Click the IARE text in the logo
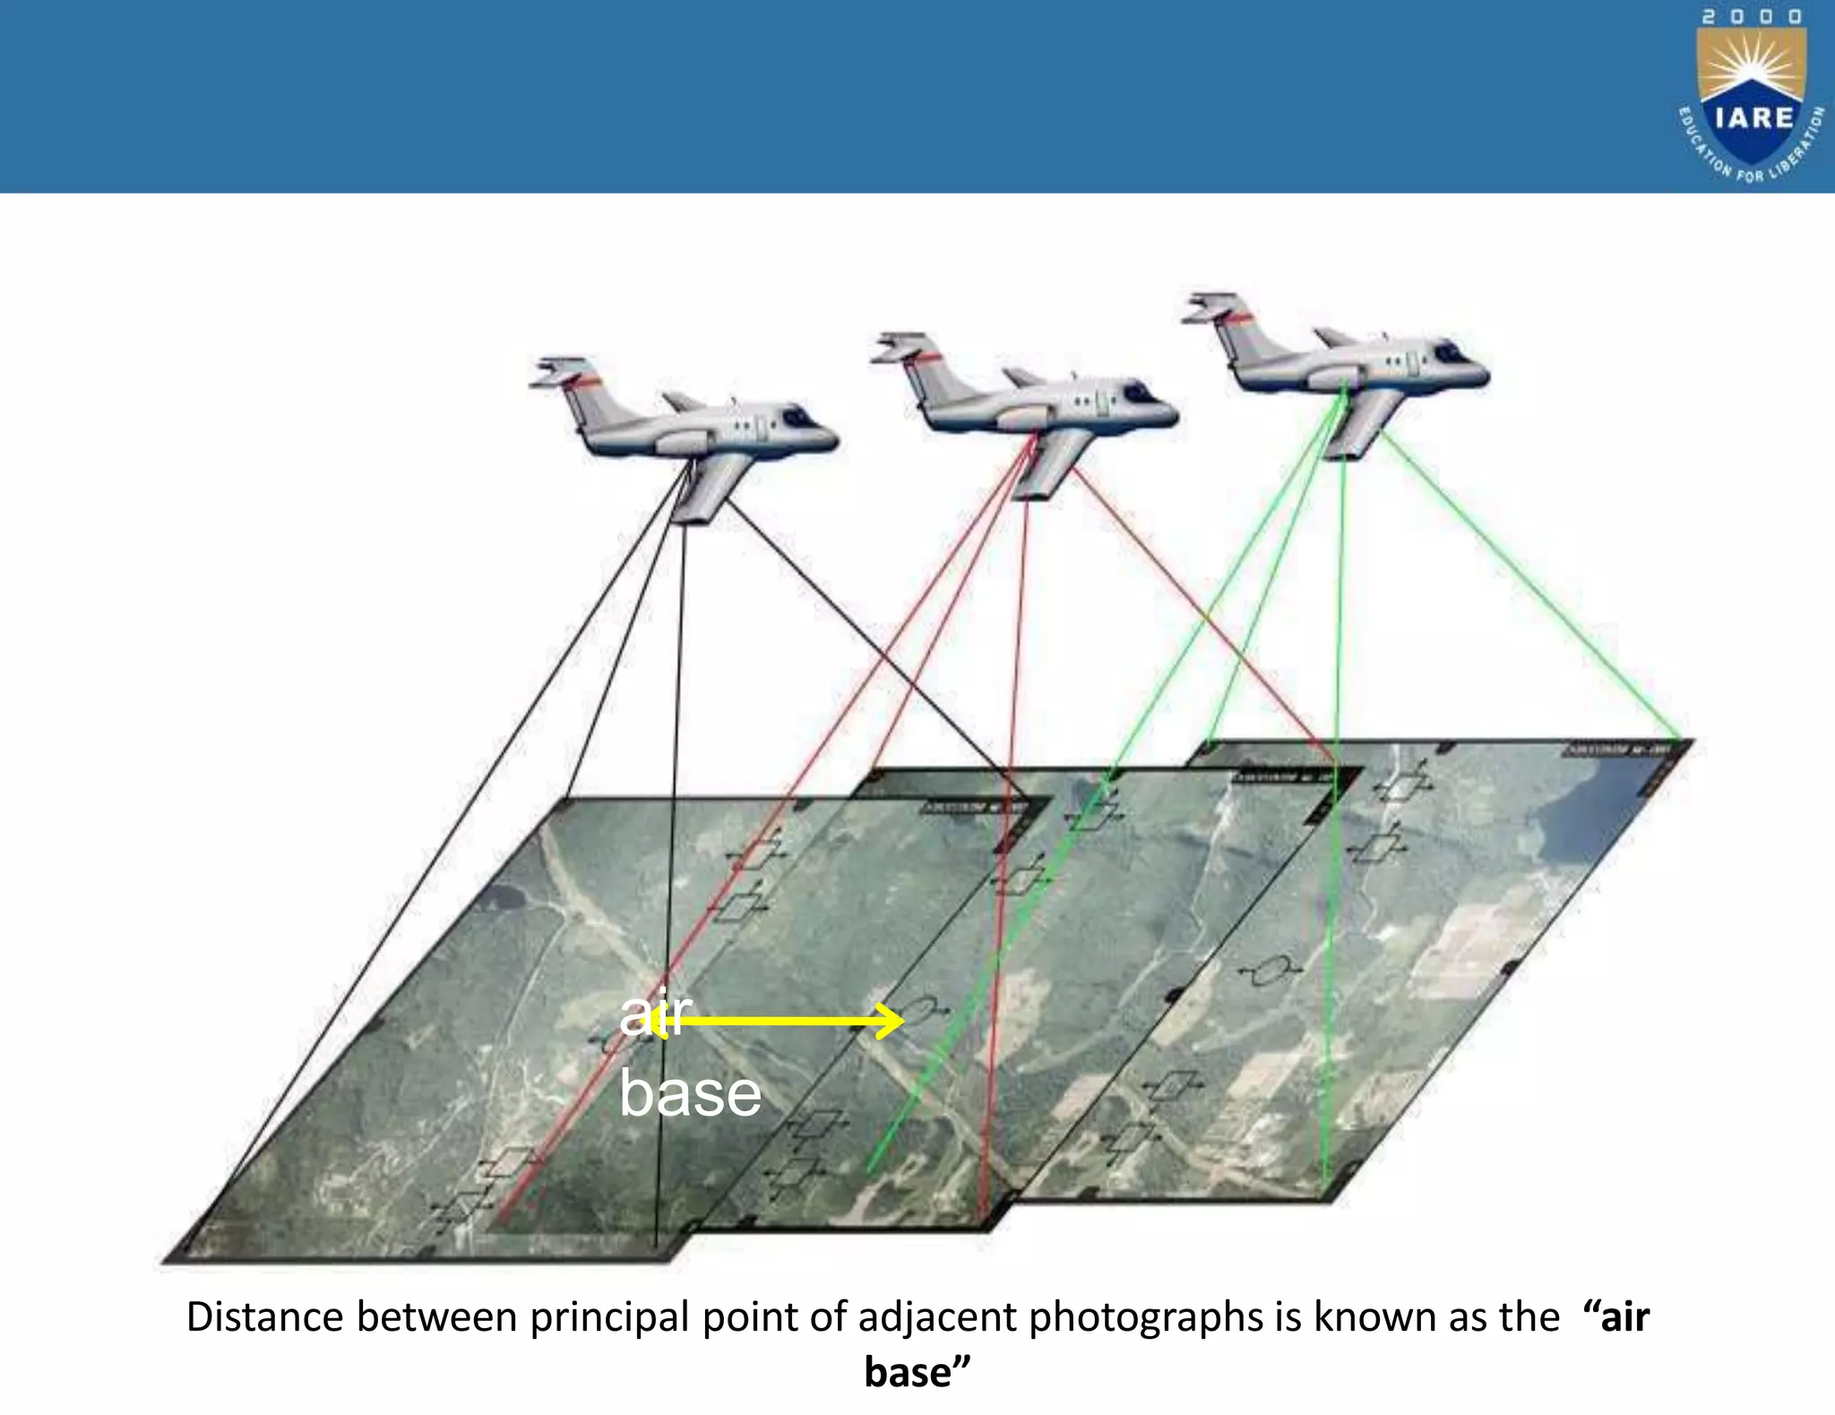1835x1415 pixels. pos(1753,117)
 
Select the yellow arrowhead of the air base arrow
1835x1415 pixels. pos(891,1021)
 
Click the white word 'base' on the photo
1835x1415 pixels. pos(690,1093)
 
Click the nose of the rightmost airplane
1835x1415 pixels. pos(1478,368)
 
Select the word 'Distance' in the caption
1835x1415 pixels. pos(264,1317)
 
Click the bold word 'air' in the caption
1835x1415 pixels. pos(1624,1317)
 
